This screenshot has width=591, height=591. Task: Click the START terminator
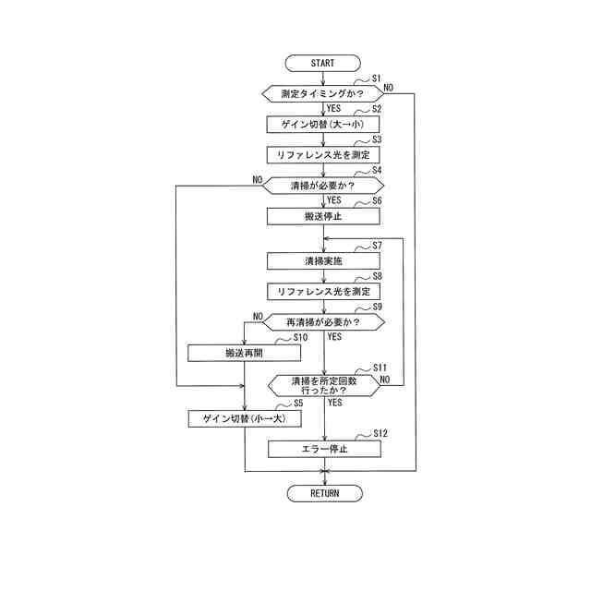point(323,64)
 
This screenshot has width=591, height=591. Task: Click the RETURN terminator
point(324,493)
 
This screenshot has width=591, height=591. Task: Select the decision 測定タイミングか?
point(321,93)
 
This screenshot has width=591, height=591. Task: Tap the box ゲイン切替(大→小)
point(323,124)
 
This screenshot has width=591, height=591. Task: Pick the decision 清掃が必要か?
point(323,186)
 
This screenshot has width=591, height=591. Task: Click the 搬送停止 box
point(323,216)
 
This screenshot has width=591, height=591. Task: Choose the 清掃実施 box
point(323,261)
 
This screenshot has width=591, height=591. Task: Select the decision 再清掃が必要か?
point(323,321)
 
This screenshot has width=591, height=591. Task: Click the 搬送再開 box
point(244,353)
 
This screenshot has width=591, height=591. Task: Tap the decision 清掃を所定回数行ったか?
point(323,385)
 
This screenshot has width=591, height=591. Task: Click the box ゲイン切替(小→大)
point(244,418)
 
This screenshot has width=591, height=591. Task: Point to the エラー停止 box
point(323,449)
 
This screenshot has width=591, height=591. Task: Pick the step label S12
point(380,433)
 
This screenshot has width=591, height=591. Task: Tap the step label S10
point(300,337)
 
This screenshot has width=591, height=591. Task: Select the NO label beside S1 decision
point(389,88)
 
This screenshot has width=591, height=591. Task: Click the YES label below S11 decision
point(334,403)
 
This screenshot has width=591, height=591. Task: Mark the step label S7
point(377,246)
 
